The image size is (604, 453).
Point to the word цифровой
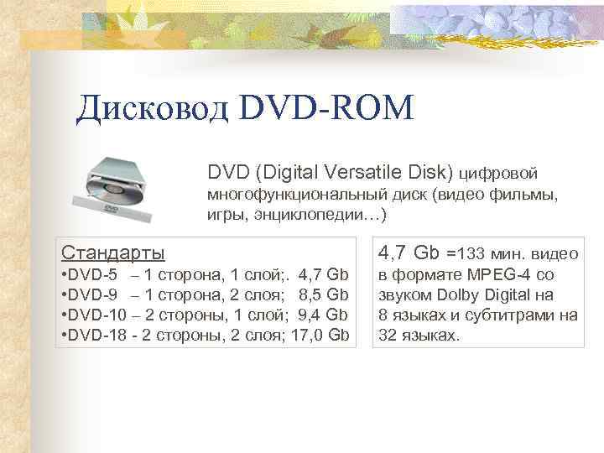498,174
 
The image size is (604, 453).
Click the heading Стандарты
114,253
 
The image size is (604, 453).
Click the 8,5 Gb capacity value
323,295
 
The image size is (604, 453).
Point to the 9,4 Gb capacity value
323,315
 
